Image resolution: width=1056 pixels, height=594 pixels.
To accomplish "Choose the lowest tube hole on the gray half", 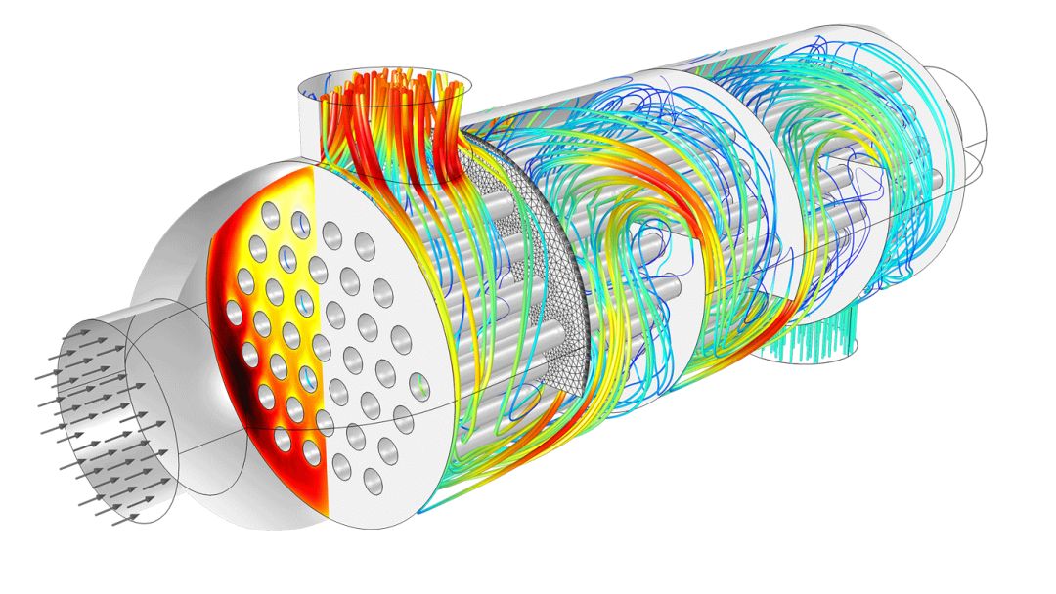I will pyautogui.click(x=373, y=480).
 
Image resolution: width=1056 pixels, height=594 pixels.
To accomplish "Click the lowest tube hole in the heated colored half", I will pyautogui.click(x=312, y=452).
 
